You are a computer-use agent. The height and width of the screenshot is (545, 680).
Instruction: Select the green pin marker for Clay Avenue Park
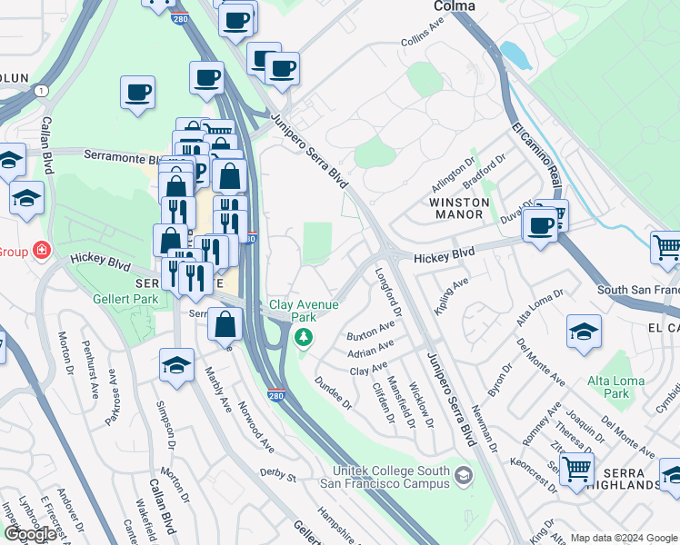tap(304, 338)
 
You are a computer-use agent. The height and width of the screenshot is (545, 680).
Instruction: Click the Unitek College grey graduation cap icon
tap(465, 476)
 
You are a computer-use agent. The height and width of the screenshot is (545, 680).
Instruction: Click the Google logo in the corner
tap(30, 534)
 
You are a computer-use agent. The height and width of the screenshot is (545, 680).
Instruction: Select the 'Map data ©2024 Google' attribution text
tap(624, 538)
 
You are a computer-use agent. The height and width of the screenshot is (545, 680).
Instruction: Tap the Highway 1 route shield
tap(42, 90)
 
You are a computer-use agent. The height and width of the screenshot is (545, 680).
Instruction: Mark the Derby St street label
tap(277, 474)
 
